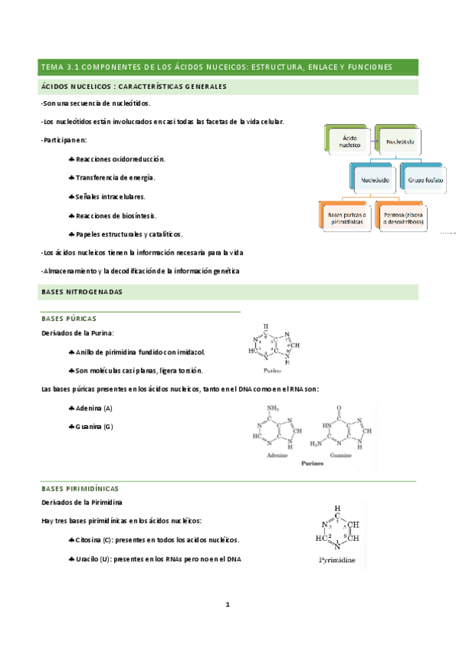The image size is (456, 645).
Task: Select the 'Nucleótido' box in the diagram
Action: tap(400, 140)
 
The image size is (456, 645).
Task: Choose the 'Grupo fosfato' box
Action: tap(426, 181)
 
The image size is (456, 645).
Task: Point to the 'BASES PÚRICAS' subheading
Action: tap(69, 319)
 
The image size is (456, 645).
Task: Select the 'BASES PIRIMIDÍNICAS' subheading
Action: tap(80, 488)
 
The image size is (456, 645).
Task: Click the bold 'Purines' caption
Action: tap(314, 462)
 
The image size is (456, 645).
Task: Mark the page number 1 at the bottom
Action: tap(227, 605)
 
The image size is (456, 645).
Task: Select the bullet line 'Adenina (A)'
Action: tap(94, 409)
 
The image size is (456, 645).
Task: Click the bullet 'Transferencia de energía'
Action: tap(115, 177)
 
